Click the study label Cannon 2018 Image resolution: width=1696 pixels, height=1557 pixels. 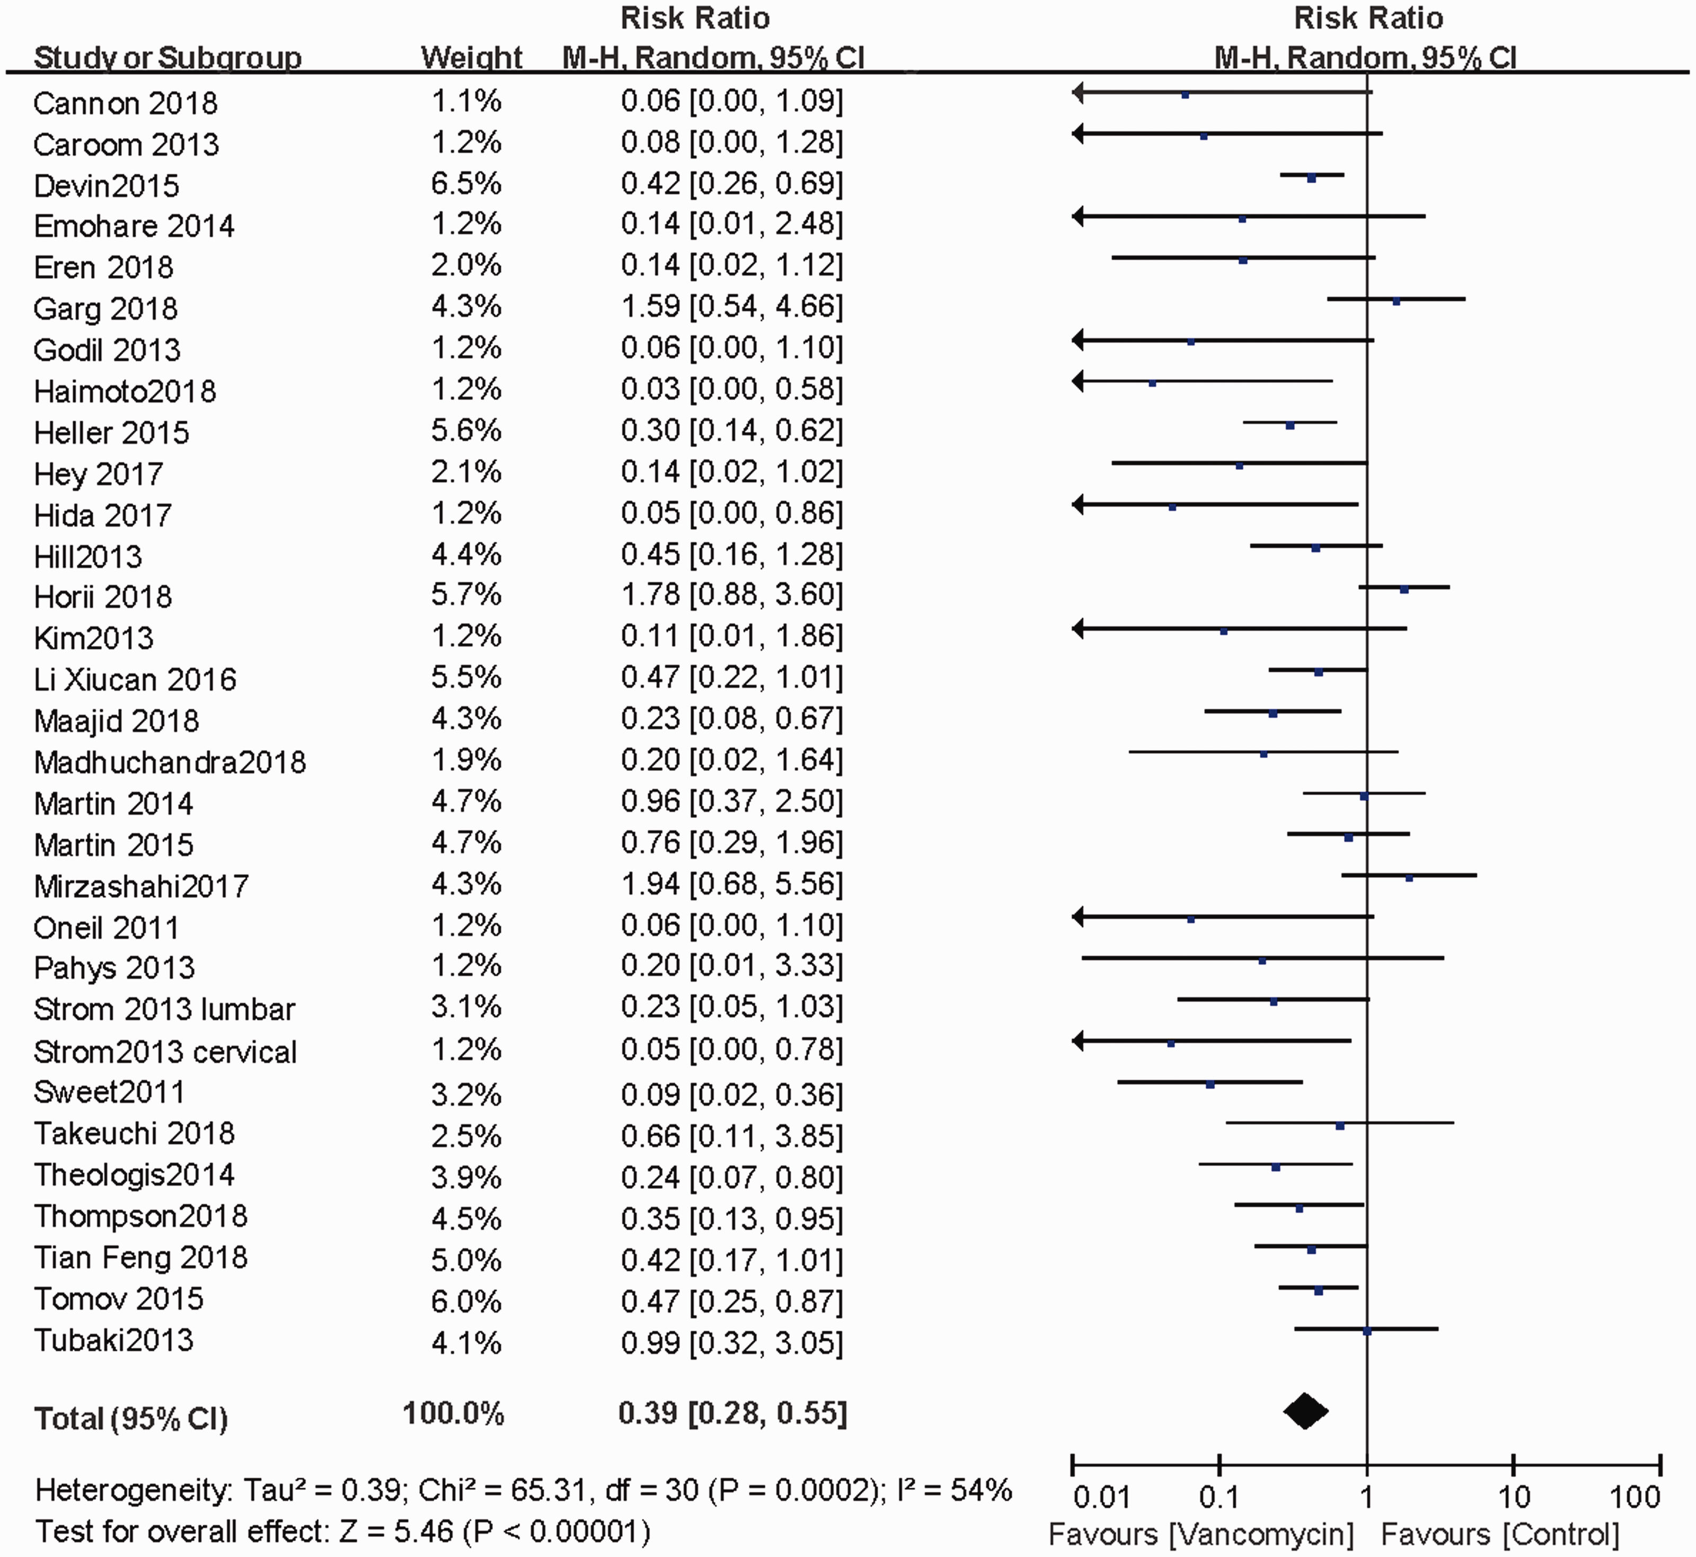click(126, 103)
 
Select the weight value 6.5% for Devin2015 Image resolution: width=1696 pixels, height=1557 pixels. click(466, 183)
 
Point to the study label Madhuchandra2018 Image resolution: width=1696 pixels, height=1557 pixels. click(170, 762)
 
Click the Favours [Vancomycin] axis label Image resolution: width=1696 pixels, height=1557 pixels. click(1200, 1534)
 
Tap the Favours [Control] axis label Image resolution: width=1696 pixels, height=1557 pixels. click(1500, 1534)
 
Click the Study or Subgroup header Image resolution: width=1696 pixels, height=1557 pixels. click(167, 57)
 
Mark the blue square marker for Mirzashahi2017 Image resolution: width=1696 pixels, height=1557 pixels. click(1409, 878)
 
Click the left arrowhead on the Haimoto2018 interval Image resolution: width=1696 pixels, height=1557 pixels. click(1078, 381)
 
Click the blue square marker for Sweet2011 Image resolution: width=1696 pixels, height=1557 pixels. click(1211, 1084)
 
